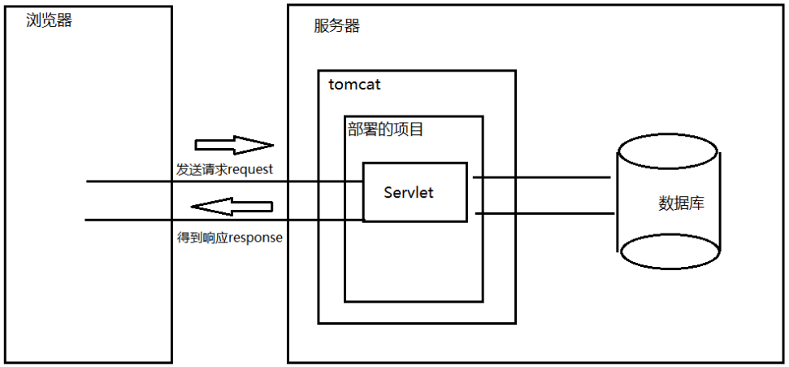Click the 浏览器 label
(49, 20)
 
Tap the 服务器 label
(336, 26)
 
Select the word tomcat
(354, 84)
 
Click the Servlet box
(414, 192)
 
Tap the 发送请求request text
(224, 169)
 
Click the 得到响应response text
(229, 239)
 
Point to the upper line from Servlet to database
(541, 177)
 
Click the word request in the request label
(250, 170)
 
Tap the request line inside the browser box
(130, 181)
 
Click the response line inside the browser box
(130, 220)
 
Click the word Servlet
(409, 193)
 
